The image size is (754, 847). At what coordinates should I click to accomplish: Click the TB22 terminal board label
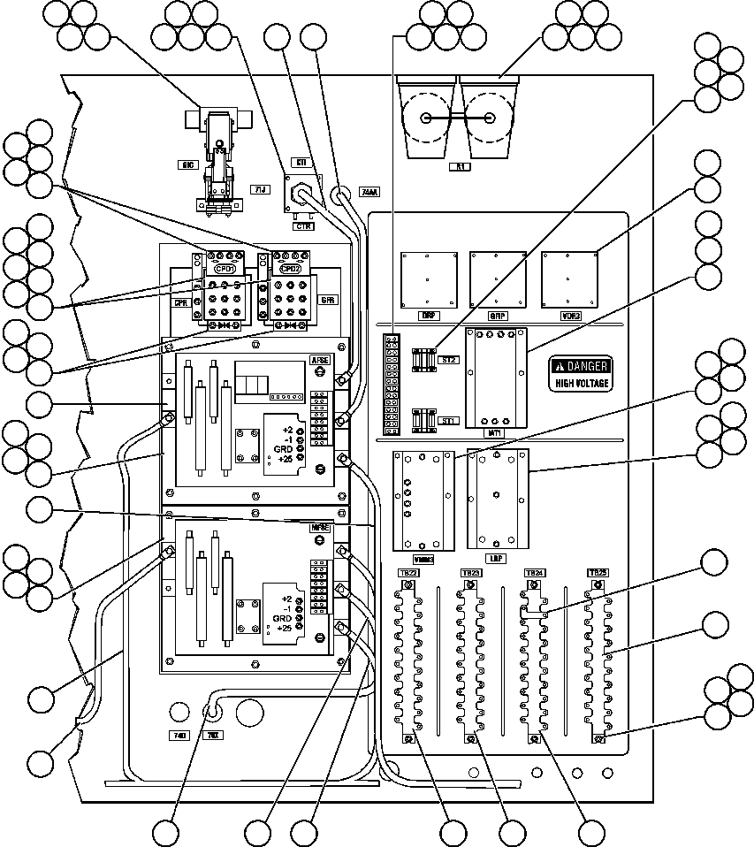click(x=407, y=574)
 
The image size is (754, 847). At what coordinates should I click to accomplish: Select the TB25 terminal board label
click(x=598, y=573)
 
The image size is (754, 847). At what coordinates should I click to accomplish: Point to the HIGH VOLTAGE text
click(x=582, y=384)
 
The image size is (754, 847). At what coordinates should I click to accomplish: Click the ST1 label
click(x=446, y=421)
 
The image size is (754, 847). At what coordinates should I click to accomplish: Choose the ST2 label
click(x=446, y=361)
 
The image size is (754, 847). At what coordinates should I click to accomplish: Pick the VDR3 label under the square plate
click(x=570, y=316)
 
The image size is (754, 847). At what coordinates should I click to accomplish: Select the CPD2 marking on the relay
click(x=289, y=269)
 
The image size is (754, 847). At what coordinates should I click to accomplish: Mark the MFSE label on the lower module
click(x=320, y=528)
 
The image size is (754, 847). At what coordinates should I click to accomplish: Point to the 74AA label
click(x=369, y=191)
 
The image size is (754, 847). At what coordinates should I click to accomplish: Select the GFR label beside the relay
click(x=328, y=301)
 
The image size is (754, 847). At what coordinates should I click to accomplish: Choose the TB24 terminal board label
click(x=533, y=573)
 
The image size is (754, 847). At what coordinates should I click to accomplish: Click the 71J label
click(x=259, y=189)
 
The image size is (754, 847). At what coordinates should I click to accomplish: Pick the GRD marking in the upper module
click(x=283, y=447)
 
